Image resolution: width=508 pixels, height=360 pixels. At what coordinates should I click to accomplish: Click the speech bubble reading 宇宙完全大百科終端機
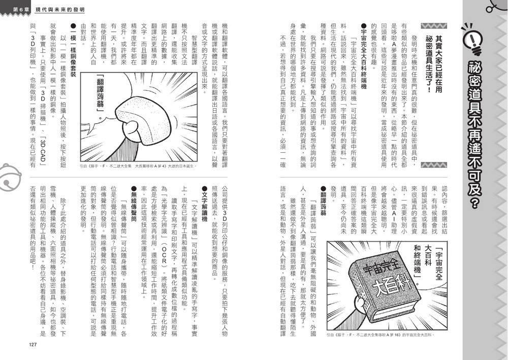[x=425, y=264]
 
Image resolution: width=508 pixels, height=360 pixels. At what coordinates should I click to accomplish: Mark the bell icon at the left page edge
[x=8, y=175]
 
